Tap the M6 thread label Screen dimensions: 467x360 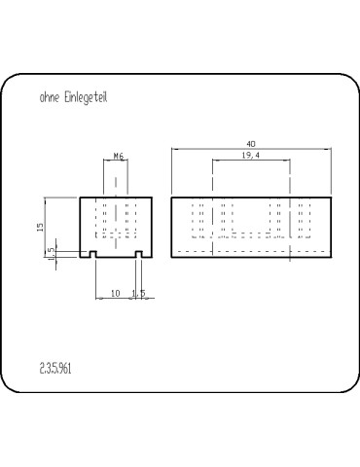(x=118, y=155)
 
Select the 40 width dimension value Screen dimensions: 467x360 (x=251, y=144)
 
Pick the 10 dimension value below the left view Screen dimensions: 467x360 (x=116, y=292)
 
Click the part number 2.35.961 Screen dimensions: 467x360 (x=56, y=368)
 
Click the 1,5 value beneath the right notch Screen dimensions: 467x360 (x=139, y=292)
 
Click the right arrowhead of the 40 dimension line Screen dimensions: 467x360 (x=328, y=149)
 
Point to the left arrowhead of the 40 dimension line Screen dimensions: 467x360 (x=173, y=149)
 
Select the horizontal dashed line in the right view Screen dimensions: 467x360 (x=251, y=251)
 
